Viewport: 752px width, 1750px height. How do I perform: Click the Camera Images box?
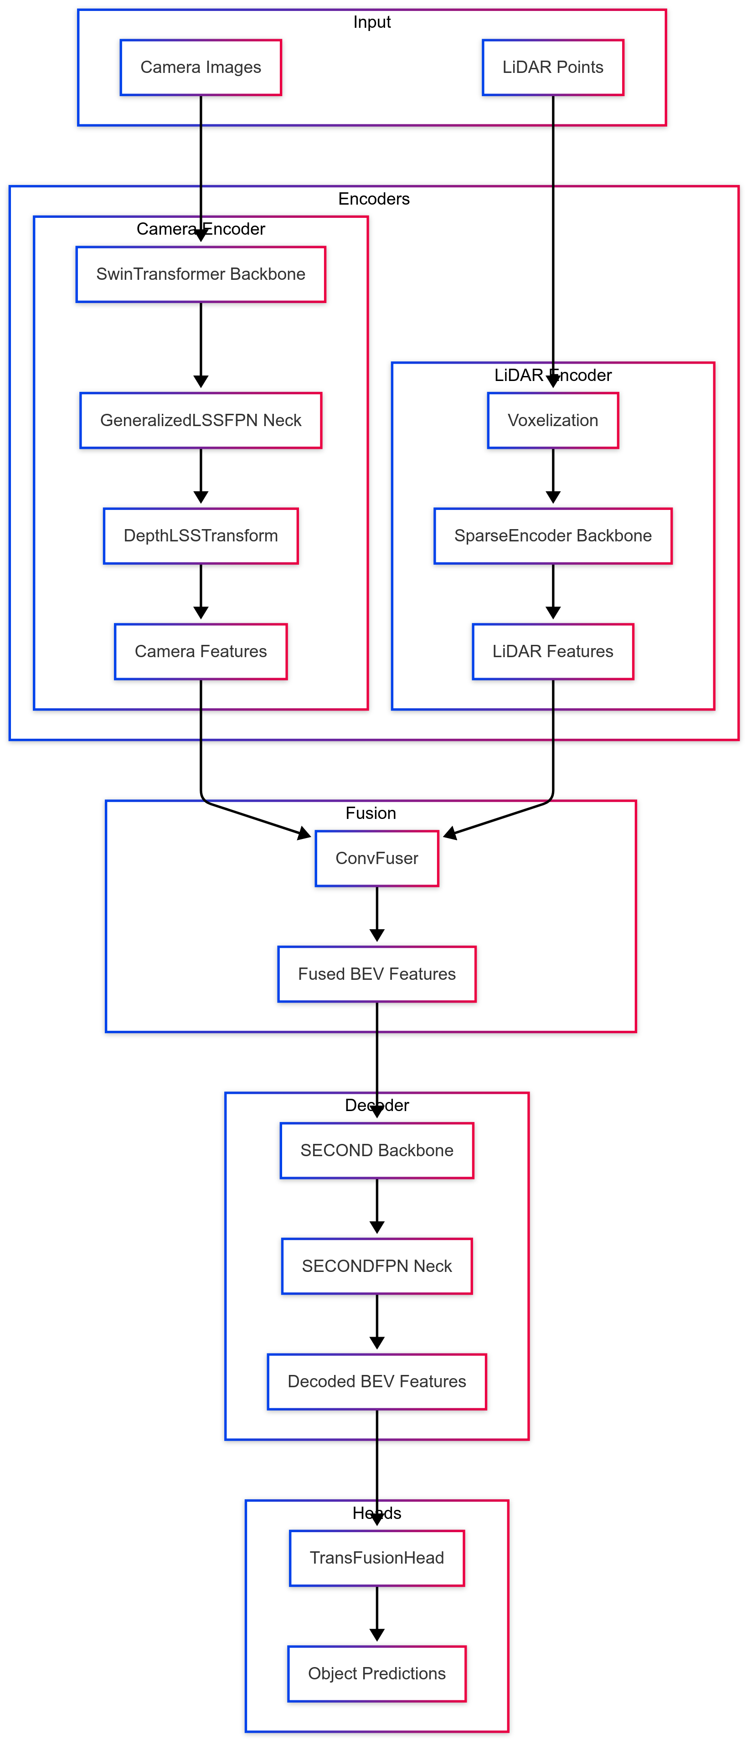coord(201,67)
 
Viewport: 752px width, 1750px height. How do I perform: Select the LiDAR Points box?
coord(552,67)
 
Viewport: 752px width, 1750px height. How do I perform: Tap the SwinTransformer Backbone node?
coord(201,274)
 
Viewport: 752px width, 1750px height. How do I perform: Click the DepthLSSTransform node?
coord(201,535)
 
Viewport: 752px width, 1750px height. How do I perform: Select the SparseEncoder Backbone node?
coord(552,535)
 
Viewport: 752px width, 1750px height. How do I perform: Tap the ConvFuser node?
coord(376,858)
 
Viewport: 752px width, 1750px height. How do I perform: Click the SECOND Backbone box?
coord(376,1150)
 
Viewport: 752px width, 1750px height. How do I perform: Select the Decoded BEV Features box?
coord(376,1381)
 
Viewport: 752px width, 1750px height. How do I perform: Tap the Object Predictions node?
coord(376,1673)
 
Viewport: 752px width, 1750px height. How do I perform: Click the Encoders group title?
coord(374,199)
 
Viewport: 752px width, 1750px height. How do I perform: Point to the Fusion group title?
coord(370,813)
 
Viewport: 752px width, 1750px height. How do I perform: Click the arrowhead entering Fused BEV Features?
coord(376,936)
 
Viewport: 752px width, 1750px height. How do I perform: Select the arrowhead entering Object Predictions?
coord(376,1635)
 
